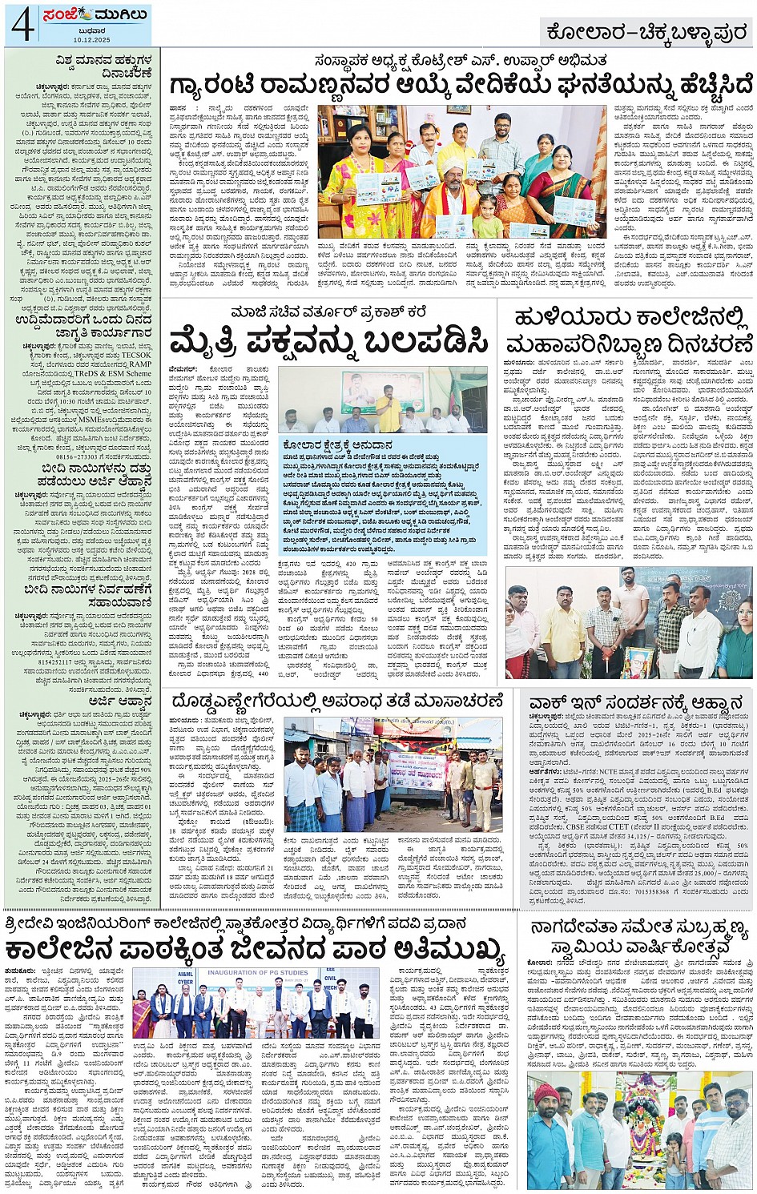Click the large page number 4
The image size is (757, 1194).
[x=22, y=25]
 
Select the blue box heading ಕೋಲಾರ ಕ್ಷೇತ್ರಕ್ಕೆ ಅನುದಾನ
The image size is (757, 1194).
[x=338, y=444]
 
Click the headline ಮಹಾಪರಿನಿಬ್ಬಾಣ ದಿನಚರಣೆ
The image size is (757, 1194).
[x=629, y=345]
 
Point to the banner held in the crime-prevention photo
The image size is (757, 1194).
[x=417, y=770]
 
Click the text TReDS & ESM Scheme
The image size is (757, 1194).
[x=117, y=373]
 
